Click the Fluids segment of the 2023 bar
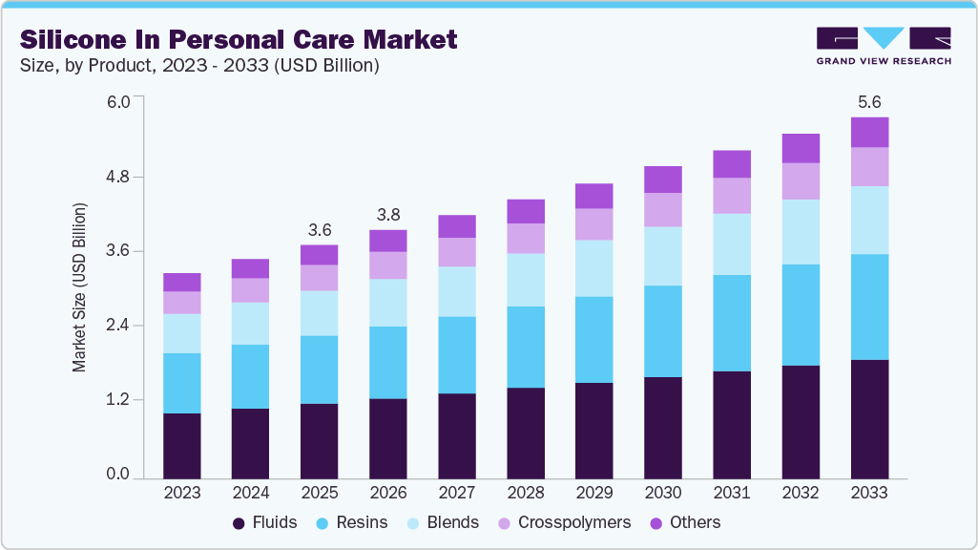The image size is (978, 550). pyautogui.click(x=181, y=445)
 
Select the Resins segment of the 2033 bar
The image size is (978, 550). pyautogui.click(x=869, y=307)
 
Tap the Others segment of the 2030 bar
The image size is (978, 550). pyautogui.click(x=663, y=180)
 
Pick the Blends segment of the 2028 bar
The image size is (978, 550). pyautogui.click(x=526, y=280)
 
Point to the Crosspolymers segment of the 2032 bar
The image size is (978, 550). pyautogui.click(x=801, y=181)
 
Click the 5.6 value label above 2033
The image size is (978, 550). pyautogui.click(x=869, y=102)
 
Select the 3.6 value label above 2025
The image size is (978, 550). pyautogui.click(x=320, y=230)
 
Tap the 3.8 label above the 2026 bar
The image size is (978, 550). pyautogui.click(x=388, y=215)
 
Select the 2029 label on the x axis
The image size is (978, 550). pyautogui.click(x=594, y=494)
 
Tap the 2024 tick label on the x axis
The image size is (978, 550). pyautogui.click(x=251, y=494)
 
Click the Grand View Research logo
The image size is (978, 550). pyautogui.click(x=883, y=46)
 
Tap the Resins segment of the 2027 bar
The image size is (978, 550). pyautogui.click(x=457, y=354)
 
